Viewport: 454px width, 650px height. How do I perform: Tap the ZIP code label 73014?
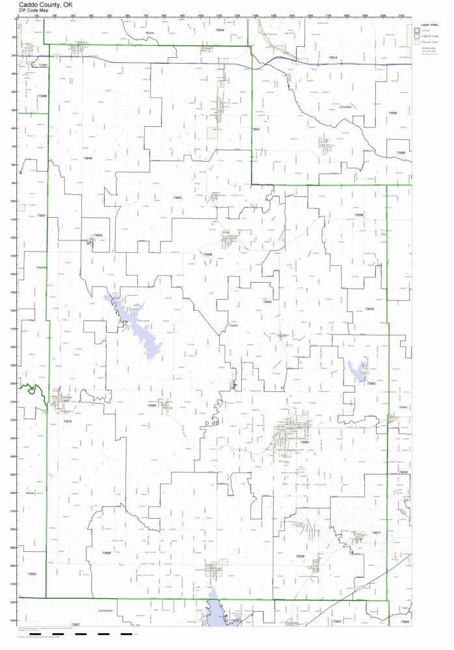[332, 58]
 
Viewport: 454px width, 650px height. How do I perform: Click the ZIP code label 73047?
[256, 130]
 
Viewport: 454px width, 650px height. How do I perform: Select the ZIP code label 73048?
[87, 158]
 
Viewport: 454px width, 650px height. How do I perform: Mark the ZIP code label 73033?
[98, 235]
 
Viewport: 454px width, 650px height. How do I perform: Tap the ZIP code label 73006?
[107, 552]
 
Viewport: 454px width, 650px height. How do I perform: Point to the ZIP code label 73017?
[376, 533]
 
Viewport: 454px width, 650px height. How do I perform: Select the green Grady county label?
[403, 407]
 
